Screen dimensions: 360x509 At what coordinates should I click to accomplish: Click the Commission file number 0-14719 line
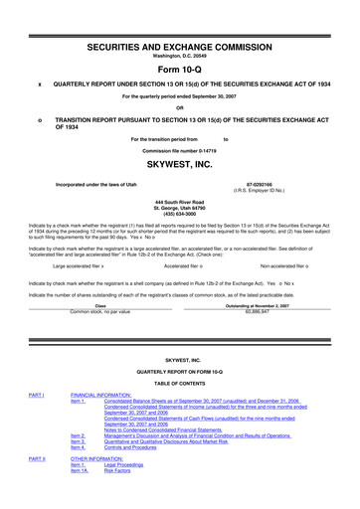coord(179,149)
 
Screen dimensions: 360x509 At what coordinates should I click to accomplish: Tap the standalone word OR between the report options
coord(179,107)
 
